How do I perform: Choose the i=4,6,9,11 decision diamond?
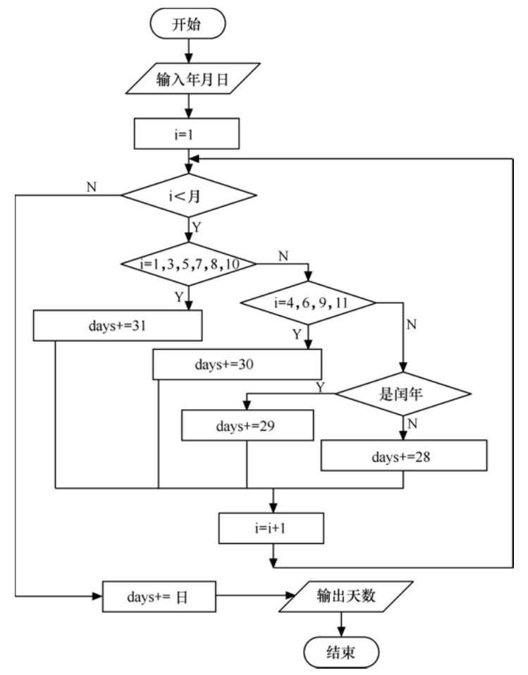(308, 303)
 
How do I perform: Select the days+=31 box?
(118, 326)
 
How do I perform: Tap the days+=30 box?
(238, 365)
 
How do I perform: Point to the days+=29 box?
(246, 425)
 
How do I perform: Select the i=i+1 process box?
(272, 527)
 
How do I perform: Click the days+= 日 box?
(159, 597)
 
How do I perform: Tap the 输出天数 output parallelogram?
(342, 597)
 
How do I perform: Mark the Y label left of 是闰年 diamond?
(321, 386)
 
